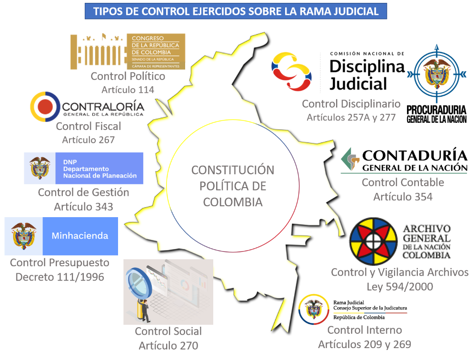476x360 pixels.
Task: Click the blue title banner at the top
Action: (236, 11)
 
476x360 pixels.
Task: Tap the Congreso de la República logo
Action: (128, 51)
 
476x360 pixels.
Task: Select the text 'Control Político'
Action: (128, 76)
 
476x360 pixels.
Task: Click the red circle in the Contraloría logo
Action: (45, 107)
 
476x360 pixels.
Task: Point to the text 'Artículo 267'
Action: (89, 140)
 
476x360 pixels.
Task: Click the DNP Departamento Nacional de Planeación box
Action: (84, 168)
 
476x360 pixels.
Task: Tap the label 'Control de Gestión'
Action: (83, 192)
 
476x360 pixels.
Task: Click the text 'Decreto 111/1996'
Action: (60, 277)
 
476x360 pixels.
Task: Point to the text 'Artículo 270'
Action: (169, 345)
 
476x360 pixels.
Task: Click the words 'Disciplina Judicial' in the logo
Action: (367, 75)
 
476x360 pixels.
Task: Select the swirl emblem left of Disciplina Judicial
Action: (291, 72)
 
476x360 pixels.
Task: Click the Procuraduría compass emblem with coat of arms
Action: (437, 74)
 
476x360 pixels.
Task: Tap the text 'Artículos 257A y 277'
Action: (351, 117)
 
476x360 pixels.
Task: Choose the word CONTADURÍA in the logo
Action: (415, 155)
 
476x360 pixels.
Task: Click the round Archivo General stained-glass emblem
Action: (373, 241)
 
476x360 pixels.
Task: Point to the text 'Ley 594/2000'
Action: (400, 287)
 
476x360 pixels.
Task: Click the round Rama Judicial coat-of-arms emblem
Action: (314, 309)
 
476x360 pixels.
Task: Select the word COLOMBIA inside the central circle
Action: (233, 202)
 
